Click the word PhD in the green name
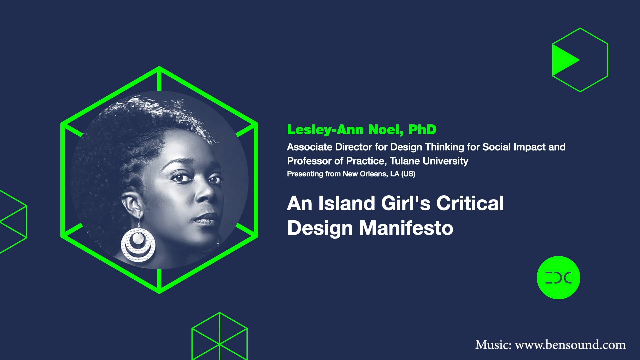(422, 130)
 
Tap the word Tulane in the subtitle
(405, 161)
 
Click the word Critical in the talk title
(470, 203)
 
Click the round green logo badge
(558, 277)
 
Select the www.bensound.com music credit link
(570, 345)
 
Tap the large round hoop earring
(138, 245)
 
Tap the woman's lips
(207, 218)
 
